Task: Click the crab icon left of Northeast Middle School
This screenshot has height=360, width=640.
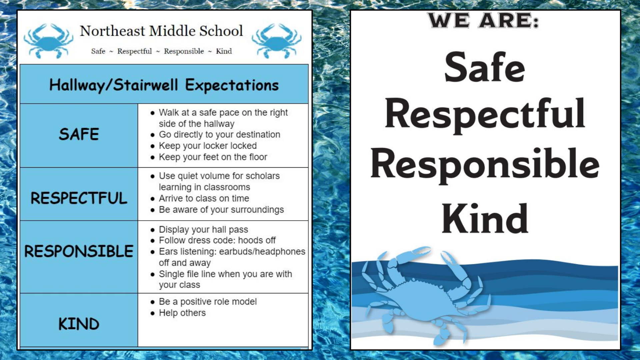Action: pyautogui.click(x=49, y=41)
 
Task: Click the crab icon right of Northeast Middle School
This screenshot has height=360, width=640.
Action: pyautogui.click(x=276, y=41)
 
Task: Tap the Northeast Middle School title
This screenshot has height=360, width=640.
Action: pyautogui.click(x=161, y=31)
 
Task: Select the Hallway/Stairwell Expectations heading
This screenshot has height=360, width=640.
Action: pyautogui.click(x=164, y=85)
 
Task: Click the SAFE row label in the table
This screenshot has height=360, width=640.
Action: pyautogui.click(x=79, y=134)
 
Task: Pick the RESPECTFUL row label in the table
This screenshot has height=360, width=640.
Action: pyautogui.click(x=79, y=198)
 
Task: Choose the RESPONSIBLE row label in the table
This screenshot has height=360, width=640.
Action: pyautogui.click(x=79, y=251)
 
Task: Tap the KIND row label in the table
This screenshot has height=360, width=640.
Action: pyautogui.click(x=79, y=324)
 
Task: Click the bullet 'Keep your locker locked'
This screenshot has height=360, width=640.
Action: pyautogui.click(x=204, y=146)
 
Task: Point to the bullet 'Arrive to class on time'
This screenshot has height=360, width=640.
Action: pyautogui.click(x=200, y=199)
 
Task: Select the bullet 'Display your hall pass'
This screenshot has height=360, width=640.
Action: pyautogui.click(x=199, y=230)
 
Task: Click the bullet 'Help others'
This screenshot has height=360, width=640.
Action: pyautogui.click(x=178, y=313)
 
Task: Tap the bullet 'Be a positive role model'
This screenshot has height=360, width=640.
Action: pyautogui.click(x=203, y=302)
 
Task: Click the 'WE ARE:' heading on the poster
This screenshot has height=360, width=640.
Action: pyautogui.click(x=483, y=20)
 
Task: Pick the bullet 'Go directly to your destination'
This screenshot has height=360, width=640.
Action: pyautogui.click(x=215, y=135)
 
